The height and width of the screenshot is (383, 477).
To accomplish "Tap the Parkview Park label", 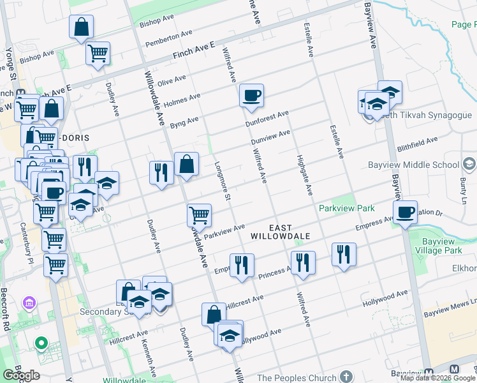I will click(x=347, y=208).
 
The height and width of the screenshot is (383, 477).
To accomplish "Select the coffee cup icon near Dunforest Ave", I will click(x=251, y=96).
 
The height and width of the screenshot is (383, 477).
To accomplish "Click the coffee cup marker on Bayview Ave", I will click(x=405, y=212).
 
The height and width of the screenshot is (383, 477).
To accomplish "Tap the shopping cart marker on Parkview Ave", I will click(x=199, y=215).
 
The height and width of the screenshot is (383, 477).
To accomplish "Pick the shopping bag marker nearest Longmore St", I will click(x=186, y=164).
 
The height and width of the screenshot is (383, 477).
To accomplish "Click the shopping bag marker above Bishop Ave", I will click(x=82, y=27).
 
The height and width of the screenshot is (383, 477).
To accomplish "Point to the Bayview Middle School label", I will click(x=414, y=165).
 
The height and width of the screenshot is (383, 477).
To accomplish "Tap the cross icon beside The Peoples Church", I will click(x=346, y=377).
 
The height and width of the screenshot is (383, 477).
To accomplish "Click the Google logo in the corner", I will click(x=20, y=375).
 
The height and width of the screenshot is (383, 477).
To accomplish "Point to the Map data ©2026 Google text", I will click(x=437, y=378).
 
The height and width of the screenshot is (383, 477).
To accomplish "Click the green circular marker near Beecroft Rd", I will click(x=41, y=344).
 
